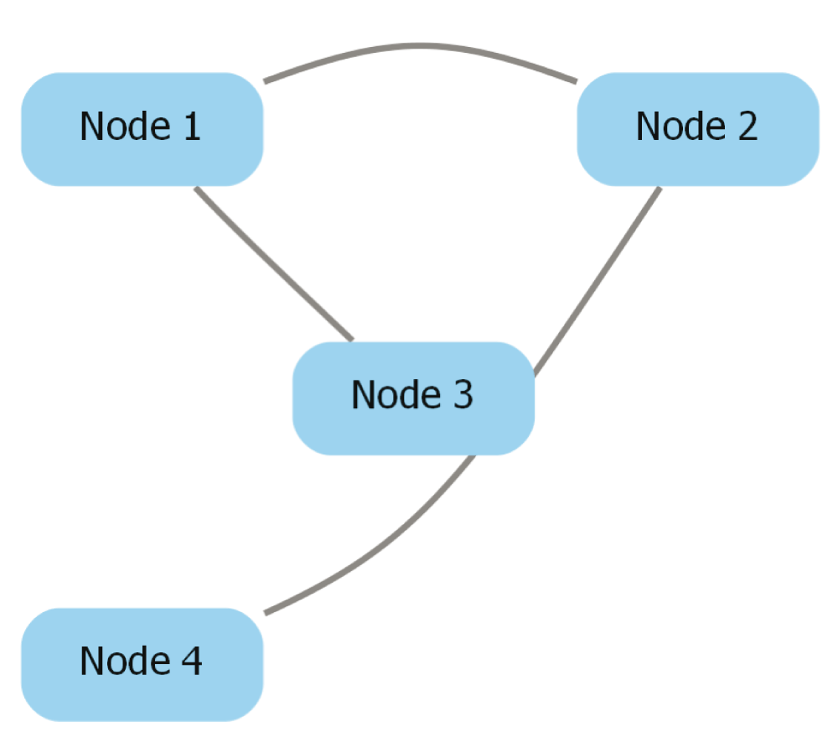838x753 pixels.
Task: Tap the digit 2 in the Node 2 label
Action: point(747,127)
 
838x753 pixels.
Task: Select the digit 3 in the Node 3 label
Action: point(463,395)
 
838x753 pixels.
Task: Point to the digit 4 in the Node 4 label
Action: point(192,661)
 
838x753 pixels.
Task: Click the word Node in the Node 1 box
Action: point(125,127)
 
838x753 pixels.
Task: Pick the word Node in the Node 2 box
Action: point(680,127)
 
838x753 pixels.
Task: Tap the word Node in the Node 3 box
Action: point(396,395)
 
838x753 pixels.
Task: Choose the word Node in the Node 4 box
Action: point(125,661)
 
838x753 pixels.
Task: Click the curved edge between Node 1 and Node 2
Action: point(420,46)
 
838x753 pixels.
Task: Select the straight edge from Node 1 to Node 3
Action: point(274,263)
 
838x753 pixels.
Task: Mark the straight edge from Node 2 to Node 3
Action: point(597,281)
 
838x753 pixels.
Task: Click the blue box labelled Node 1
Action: point(142,129)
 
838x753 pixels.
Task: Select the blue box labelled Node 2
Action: point(698,129)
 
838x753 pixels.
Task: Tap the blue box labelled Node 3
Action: point(414,398)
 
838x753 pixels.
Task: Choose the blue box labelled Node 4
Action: point(142,665)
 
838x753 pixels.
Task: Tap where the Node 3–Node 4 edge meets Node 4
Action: point(265,614)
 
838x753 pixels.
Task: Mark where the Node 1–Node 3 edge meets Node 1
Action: point(195,187)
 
